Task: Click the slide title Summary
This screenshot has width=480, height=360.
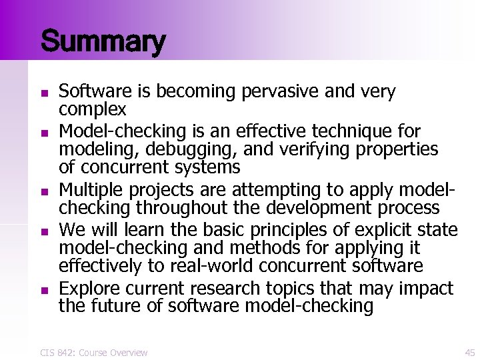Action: (x=102, y=41)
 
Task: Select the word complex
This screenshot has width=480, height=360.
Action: (x=93, y=109)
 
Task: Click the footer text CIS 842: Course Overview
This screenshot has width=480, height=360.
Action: (x=94, y=352)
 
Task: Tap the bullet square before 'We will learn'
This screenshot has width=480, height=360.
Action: (x=43, y=231)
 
